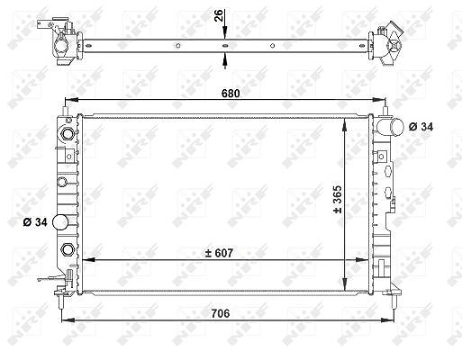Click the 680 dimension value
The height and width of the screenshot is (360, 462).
(x=231, y=94)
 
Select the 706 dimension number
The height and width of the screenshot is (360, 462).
(x=221, y=313)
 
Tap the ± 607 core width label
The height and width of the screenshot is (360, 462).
(x=219, y=253)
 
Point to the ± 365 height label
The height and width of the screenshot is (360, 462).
(x=338, y=199)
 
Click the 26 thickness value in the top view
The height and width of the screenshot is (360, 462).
(x=219, y=15)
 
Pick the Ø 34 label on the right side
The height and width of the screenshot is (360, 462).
(x=421, y=127)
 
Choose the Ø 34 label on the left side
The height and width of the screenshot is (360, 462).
(x=35, y=222)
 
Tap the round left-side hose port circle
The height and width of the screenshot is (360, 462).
(x=60, y=222)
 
